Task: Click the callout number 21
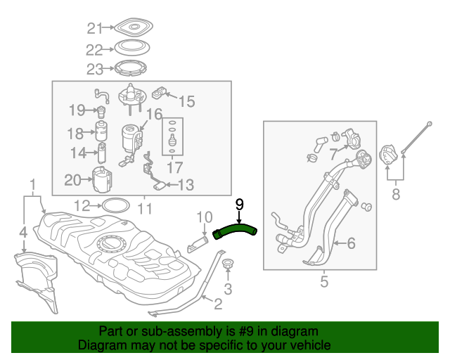[94, 29]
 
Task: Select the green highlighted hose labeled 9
[236, 229]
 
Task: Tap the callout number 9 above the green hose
[239, 204]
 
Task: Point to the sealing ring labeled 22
[131, 49]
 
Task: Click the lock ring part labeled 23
[131, 69]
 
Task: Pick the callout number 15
[186, 101]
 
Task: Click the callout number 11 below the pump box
[144, 209]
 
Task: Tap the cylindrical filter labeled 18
[101, 132]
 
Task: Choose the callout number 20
[73, 180]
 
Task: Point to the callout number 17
[174, 168]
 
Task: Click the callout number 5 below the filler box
[324, 283]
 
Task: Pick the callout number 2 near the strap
[218, 304]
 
